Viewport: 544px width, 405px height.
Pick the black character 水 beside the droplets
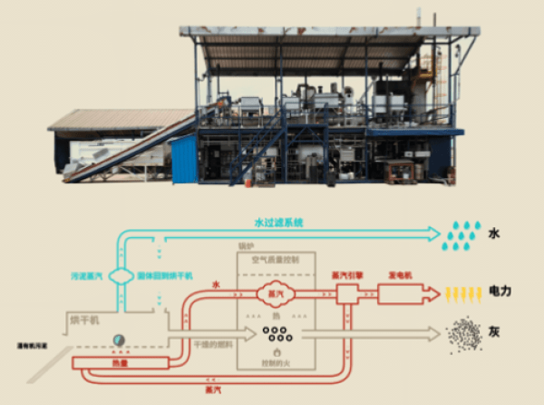494,233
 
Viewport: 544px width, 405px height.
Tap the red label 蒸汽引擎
346,274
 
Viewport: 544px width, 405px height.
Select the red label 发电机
401,274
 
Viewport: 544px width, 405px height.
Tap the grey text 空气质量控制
273,258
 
